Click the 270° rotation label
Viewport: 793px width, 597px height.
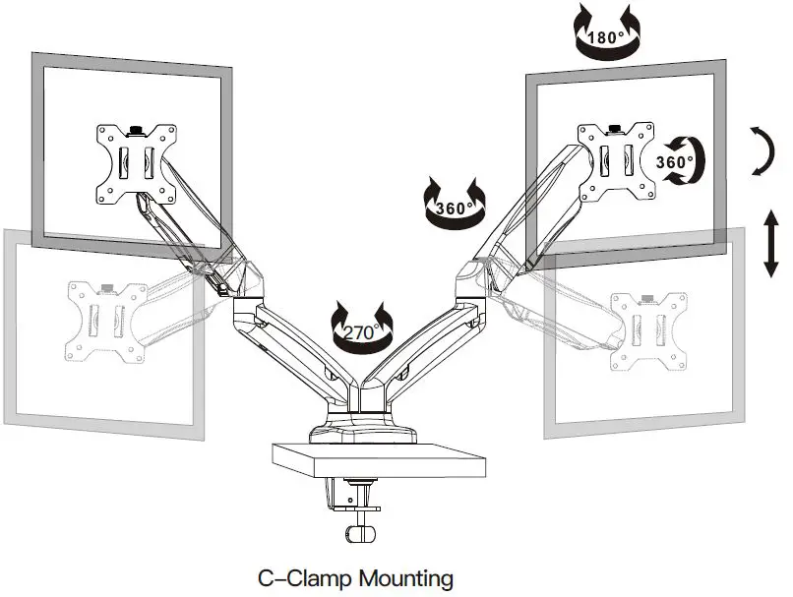[x=360, y=332]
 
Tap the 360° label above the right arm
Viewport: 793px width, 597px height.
[x=454, y=208]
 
